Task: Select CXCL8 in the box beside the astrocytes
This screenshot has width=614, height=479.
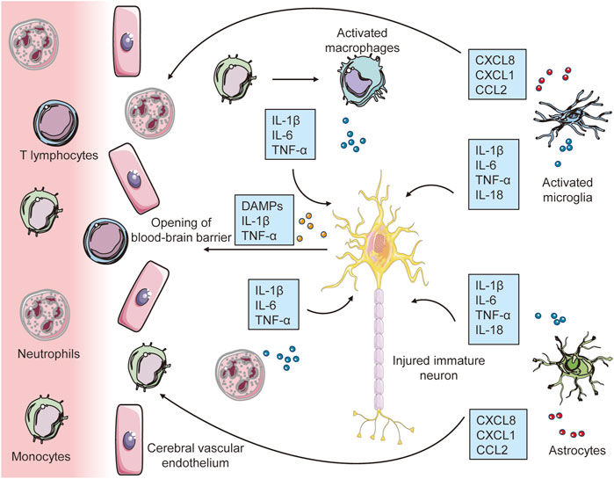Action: [x=497, y=418]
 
